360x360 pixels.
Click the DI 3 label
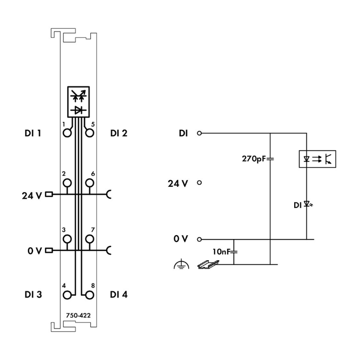33,295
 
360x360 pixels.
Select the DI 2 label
119,133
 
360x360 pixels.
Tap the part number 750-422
78,315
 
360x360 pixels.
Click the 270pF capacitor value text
254,159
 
